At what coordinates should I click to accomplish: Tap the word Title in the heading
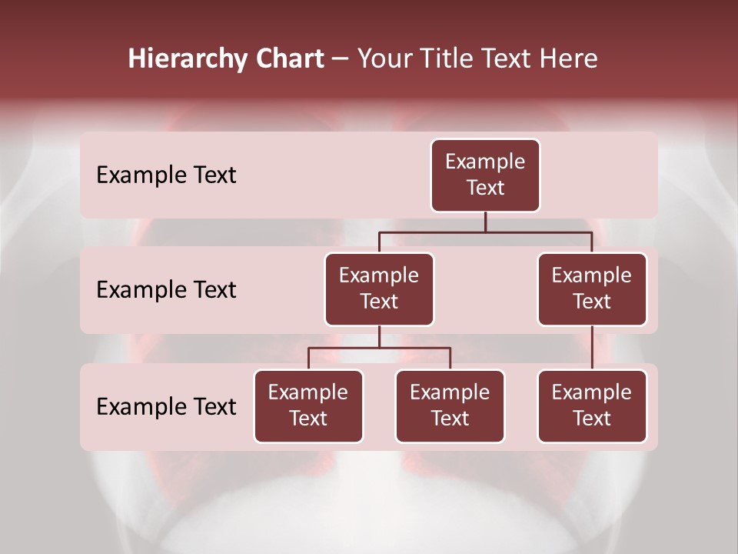click(446, 59)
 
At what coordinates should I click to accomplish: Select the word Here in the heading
click(569, 59)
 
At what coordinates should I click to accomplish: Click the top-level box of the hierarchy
click(485, 175)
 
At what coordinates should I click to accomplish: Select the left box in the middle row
click(379, 289)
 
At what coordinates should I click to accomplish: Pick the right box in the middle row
click(592, 289)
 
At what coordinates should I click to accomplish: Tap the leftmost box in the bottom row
click(308, 406)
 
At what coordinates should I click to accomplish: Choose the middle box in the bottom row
click(450, 406)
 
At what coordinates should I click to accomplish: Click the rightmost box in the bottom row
click(592, 406)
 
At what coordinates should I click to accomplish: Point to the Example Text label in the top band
click(166, 175)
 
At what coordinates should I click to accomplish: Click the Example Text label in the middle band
click(166, 290)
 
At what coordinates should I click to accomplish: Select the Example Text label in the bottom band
click(166, 406)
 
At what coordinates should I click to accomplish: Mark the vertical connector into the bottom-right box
click(592, 348)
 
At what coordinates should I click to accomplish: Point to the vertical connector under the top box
click(485, 222)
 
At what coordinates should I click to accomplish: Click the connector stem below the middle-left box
click(379, 337)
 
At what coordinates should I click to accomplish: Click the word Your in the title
click(384, 59)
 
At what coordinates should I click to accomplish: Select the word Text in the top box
click(485, 189)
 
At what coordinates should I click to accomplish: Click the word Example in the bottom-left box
click(308, 393)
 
